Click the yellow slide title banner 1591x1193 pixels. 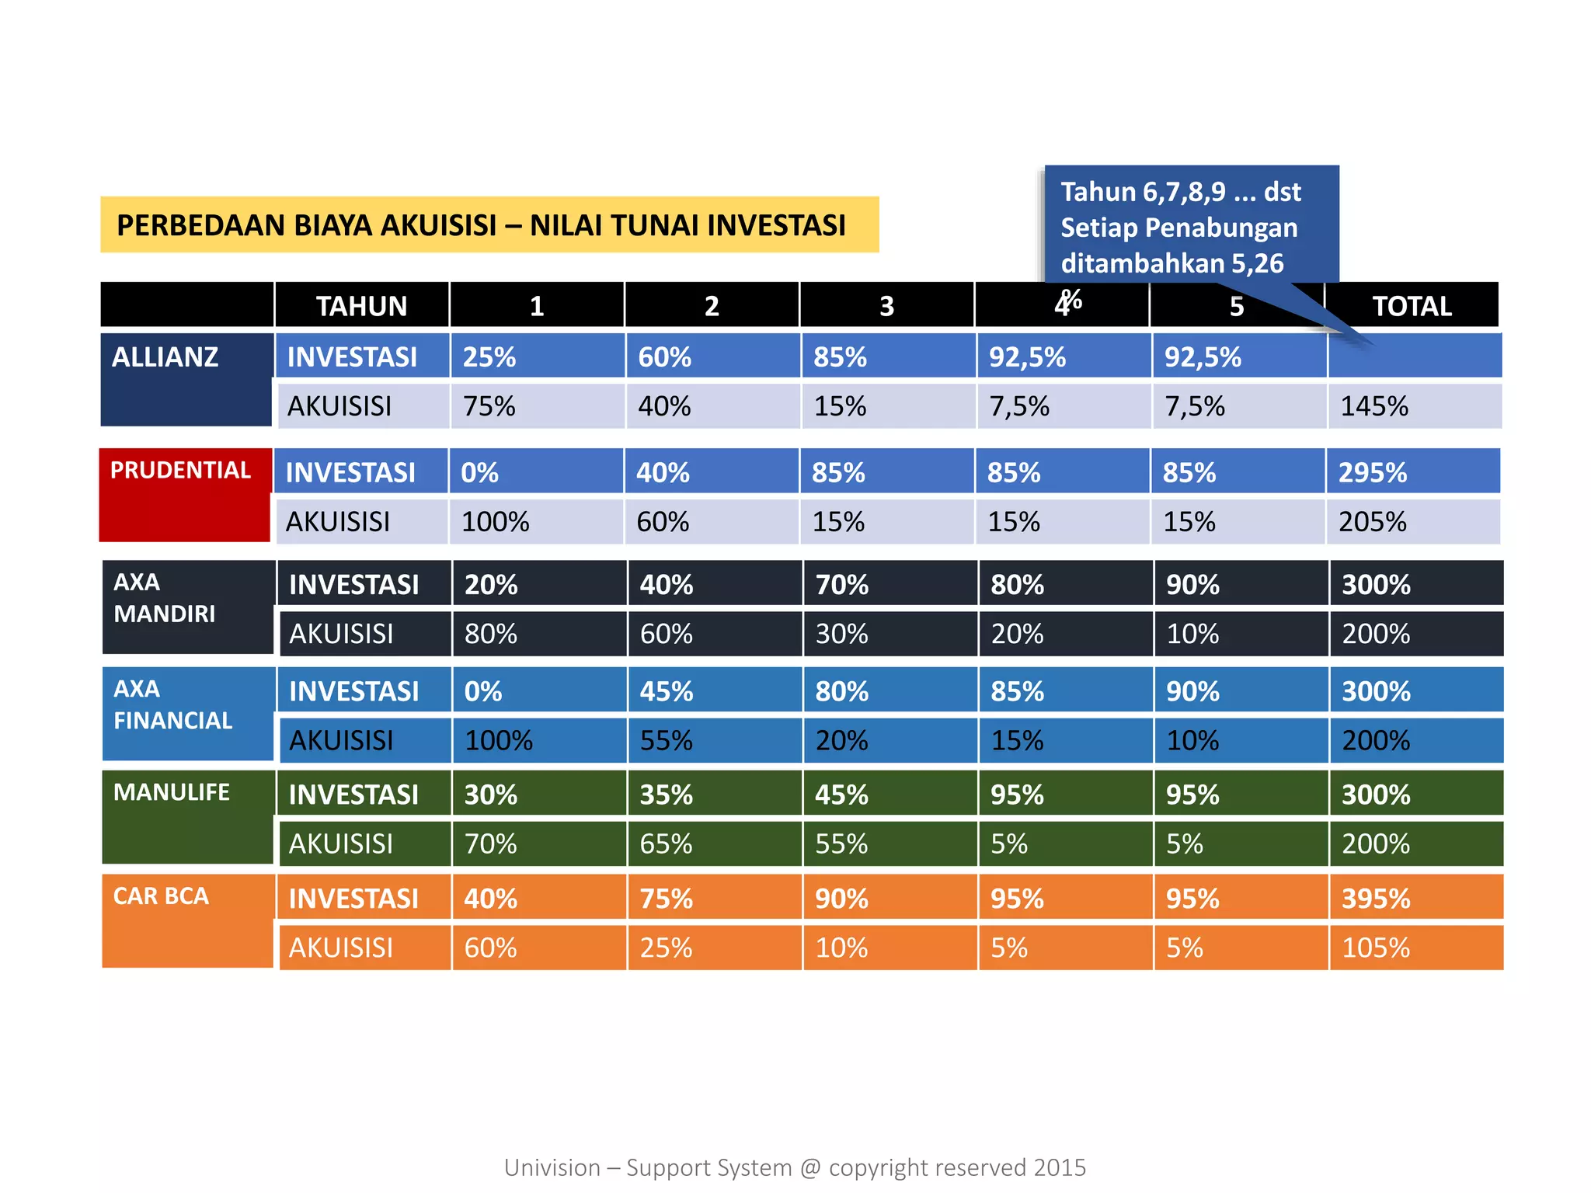click(489, 224)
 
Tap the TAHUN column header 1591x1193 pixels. click(361, 305)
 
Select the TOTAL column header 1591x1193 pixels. click(1412, 305)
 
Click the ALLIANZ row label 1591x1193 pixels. click(165, 357)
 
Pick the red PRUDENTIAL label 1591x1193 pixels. click(180, 471)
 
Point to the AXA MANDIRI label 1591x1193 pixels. click(164, 598)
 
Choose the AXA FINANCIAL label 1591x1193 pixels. click(172, 705)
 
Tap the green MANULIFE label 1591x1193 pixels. click(171, 792)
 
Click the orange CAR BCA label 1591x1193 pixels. click(161, 896)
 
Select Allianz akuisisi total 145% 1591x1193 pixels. click(1374, 406)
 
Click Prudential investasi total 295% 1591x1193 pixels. click(1373, 472)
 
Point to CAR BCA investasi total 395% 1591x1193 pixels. click(1376, 899)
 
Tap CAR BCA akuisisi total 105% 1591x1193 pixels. click(1376, 948)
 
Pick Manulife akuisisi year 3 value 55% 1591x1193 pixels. click(841, 843)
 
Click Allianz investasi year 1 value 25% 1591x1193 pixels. click(489, 357)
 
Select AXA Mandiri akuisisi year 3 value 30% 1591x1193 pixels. click(841, 634)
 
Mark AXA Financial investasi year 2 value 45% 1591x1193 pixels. click(667, 691)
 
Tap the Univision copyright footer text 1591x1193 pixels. click(795, 1167)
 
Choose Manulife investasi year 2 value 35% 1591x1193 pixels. click(667, 795)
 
